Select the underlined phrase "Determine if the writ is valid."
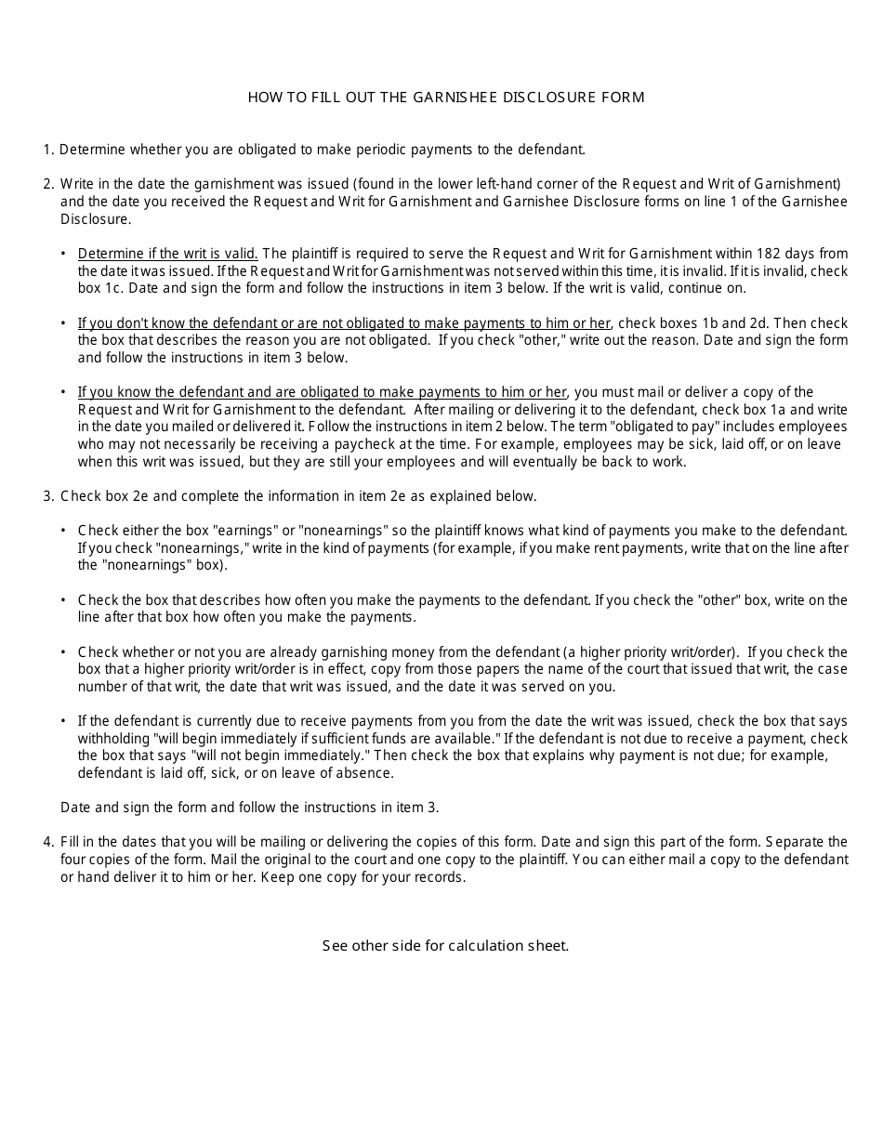point(167,254)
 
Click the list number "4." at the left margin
point(48,843)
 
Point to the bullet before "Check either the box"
point(64,531)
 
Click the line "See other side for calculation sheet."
point(445,946)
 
